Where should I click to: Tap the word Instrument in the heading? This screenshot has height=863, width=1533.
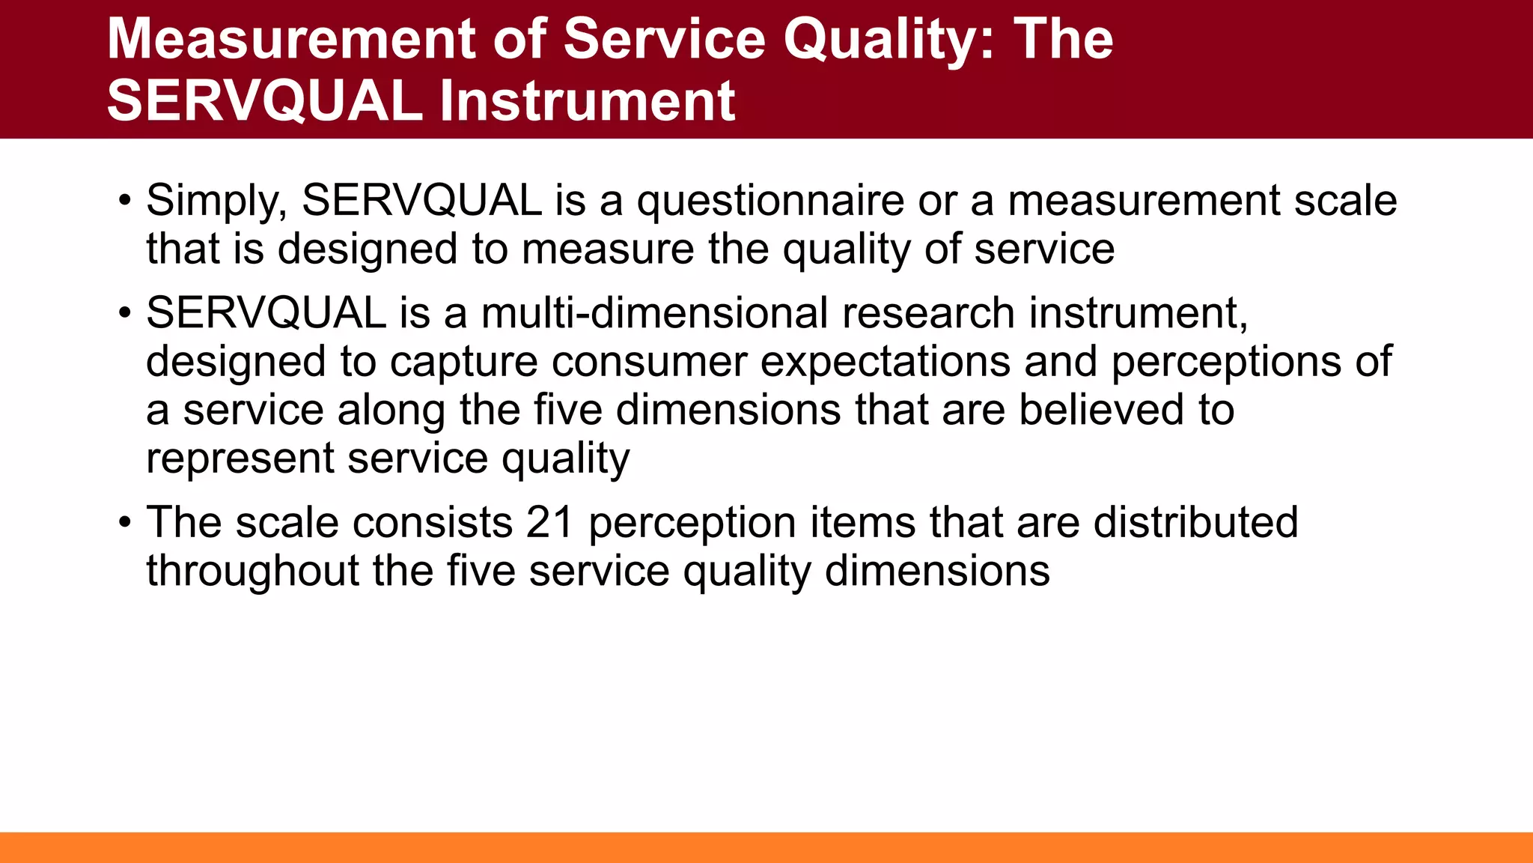click(587, 101)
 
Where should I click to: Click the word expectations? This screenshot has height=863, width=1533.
click(886, 361)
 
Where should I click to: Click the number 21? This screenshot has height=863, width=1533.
click(549, 522)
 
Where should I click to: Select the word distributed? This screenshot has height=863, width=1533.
click(1195, 522)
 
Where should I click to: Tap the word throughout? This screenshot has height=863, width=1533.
click(252, 571)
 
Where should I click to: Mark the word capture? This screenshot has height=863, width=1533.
click(463, 361)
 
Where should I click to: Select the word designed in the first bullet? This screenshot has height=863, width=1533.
click(367, 249)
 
